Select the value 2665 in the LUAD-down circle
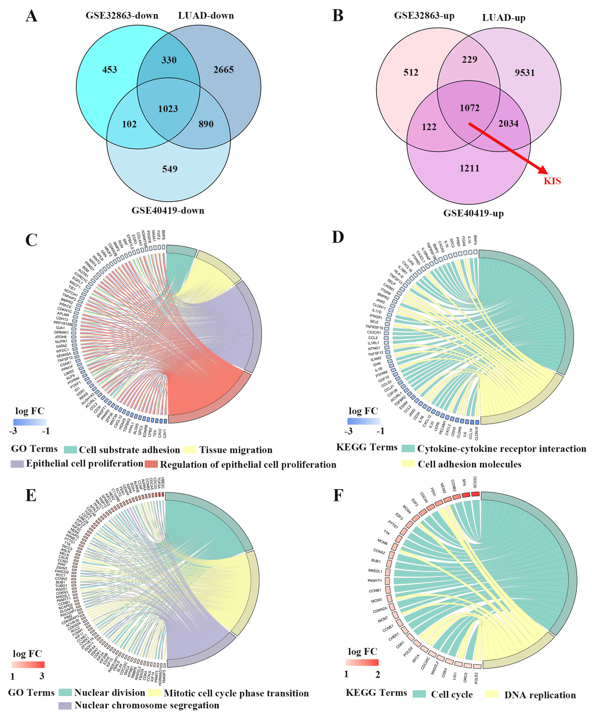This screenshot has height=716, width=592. pyautogui.click(x=224, y=69)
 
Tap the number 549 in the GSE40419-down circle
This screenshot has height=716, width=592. pyautogui.click(x=170, y=169)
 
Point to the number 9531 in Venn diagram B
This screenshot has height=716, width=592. pyautogui.click(x=524, y=72)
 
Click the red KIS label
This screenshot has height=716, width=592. pyautogui.click(x=552, y=181)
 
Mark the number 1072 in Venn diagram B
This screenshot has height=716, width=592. pyautogui.click(x=469, y=108)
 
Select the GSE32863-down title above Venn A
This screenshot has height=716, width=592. pyautogui.click(x=122, y=16)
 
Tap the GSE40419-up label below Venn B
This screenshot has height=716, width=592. pyautogui.click(x=473, y=214)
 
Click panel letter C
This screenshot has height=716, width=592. pyautogui.click(x=31, y=240)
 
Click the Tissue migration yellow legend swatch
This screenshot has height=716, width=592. pyautogui.click(x=190, y=450)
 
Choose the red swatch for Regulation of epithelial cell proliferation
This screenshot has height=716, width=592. pyautogui.click(x=151, y=464)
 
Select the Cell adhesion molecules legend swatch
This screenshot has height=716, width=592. pyautogui.click(x=408, y=464)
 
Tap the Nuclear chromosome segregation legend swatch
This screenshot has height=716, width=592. pyautogui.click(x=65, y=705)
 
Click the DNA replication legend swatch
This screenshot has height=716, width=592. pyautogui.click(x=491, y=694)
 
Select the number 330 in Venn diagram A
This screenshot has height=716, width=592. pyautogui.click(x=169, y=60)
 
